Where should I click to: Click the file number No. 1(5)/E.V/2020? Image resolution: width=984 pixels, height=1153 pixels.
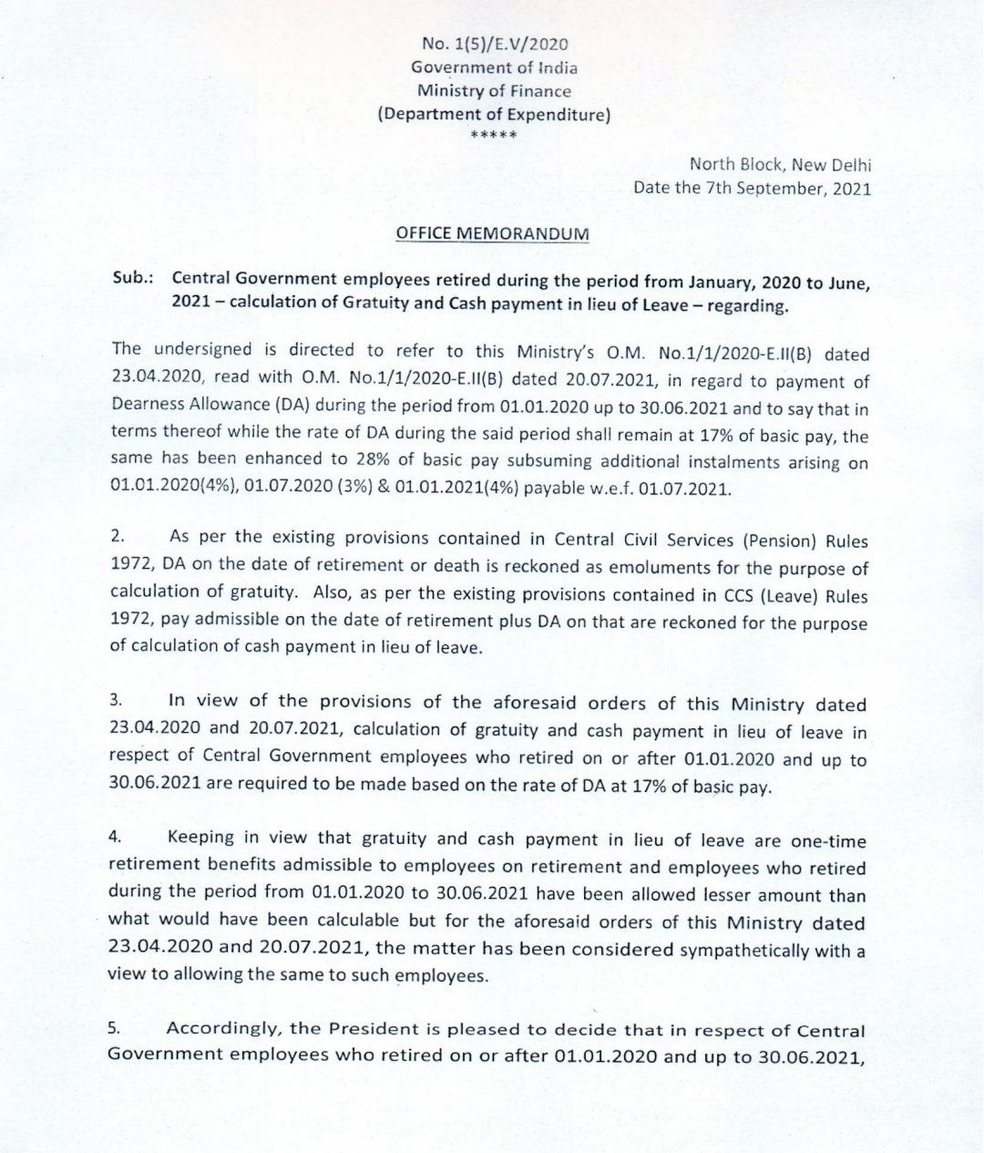tap(495, 44)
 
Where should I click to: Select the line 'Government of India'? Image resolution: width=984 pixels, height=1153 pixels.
tap(494, 67)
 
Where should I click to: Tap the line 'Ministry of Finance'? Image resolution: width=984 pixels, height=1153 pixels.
tap(494, 91)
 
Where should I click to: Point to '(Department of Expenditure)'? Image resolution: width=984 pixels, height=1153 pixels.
tap(494, 115)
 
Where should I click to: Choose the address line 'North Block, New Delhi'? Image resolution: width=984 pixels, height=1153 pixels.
tap(779, 165)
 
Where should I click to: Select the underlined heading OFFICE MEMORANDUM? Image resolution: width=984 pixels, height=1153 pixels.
tap(492, 234)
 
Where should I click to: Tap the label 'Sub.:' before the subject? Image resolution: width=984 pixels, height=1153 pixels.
tap(131, 279)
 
